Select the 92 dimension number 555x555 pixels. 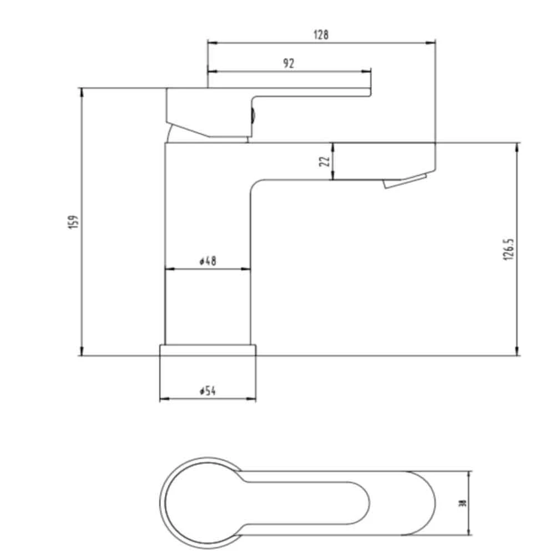[288, 63]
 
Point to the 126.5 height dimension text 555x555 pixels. [511, 249]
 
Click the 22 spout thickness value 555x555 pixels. [326, 161]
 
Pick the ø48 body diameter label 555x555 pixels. [208, 261]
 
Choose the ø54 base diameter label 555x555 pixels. [207, 391]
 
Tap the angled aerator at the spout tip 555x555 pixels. [405, 181]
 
